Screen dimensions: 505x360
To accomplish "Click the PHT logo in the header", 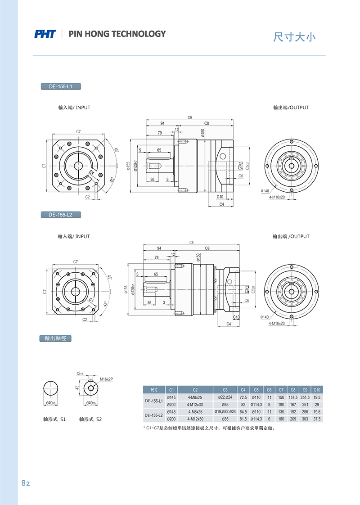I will point(45,34).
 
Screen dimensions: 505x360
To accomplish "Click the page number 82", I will point(26,483).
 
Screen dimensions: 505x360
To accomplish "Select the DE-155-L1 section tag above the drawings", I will point(61,86).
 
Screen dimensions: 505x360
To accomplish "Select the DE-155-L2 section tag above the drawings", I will point(61,215).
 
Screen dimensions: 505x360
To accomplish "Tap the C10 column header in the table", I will point(317,390).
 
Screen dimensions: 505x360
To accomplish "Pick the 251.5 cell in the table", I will point(305,397).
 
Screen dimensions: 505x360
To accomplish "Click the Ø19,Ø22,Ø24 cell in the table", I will point(225,411).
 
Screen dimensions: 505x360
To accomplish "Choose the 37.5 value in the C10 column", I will point(317,419).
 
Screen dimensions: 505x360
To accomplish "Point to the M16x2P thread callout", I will point(106,379).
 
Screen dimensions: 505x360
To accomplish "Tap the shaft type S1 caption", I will point(54,419).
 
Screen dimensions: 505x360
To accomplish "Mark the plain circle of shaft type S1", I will point(50,388).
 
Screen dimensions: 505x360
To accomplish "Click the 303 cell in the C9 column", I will point(305,419).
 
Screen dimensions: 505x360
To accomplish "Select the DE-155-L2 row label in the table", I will point(153,415).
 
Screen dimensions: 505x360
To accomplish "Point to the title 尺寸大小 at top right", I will point(294,37).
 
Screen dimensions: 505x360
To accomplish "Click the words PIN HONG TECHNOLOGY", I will point(117,34).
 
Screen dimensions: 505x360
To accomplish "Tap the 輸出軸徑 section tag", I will point(55,338).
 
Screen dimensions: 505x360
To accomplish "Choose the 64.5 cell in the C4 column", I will point(243,411).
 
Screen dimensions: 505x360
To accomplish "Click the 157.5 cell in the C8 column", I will point(293,397).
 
